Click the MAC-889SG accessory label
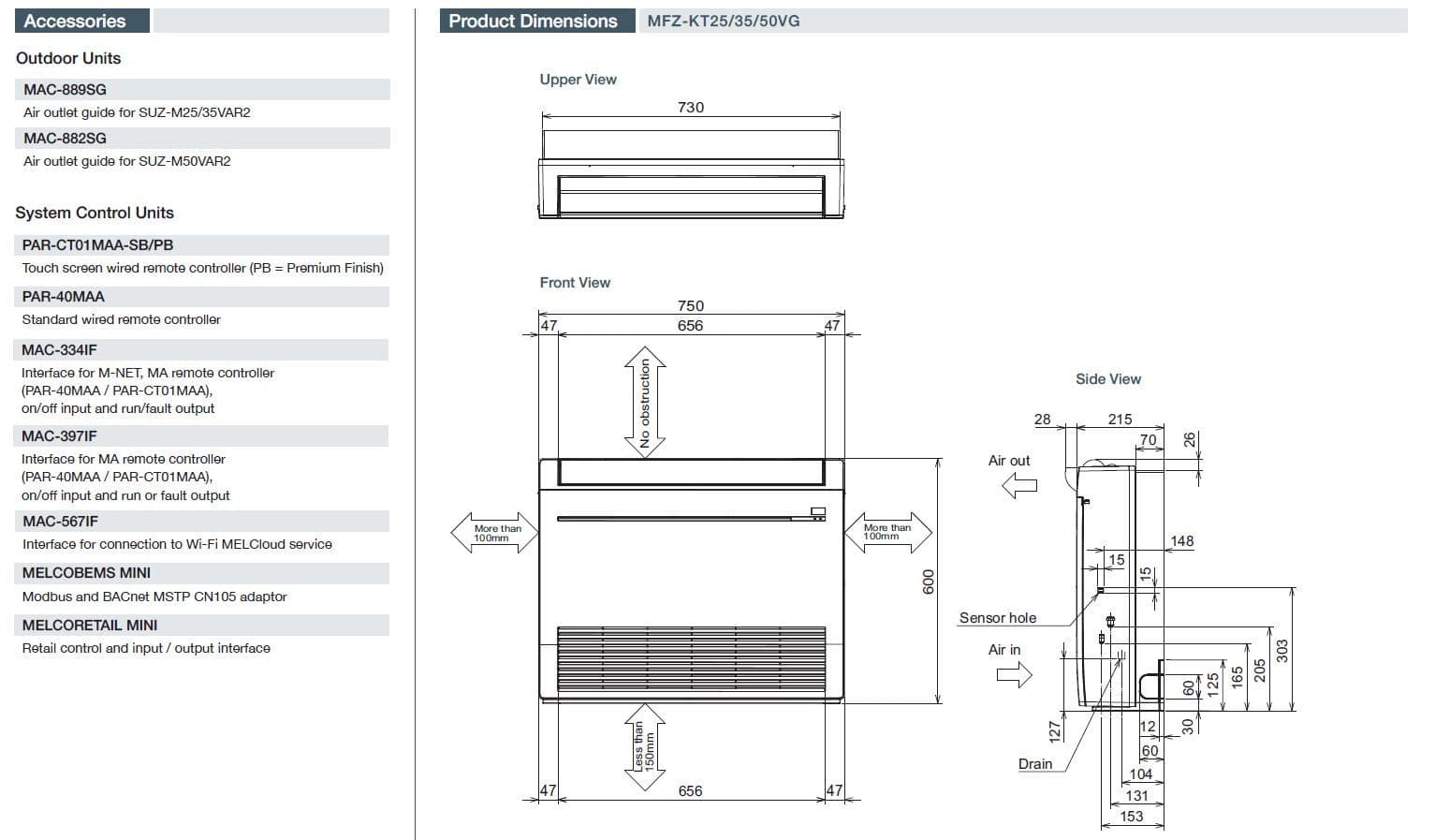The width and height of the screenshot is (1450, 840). pos(66,90)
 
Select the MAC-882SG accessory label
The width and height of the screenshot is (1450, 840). pos(66,139)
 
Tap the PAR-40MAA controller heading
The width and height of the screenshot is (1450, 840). pos(64,297)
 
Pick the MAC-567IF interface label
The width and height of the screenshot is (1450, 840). pos(60,522)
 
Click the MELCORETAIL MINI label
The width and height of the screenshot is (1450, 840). pos(90,626)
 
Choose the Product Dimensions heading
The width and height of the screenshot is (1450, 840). pos(534,22)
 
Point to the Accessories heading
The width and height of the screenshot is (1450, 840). pos(75,22)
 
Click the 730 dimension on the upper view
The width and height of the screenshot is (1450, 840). pos(691,108)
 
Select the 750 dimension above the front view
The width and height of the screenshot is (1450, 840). pos(691,306)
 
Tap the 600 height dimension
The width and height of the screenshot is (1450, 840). pos(929,581)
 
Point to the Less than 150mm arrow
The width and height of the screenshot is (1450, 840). pos(645,746)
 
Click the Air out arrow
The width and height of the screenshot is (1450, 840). pos(1019,485)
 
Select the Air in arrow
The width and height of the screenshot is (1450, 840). pos(1014,673)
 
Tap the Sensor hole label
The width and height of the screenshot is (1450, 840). pos(998,618)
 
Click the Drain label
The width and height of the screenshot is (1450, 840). pos(1035,764)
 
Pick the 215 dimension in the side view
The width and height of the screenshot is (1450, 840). pos(1120,420)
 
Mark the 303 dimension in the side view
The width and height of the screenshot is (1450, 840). pos(1282,650)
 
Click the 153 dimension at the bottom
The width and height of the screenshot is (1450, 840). pos(1132,817)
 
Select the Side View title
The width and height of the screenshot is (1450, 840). pos(1108,379)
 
